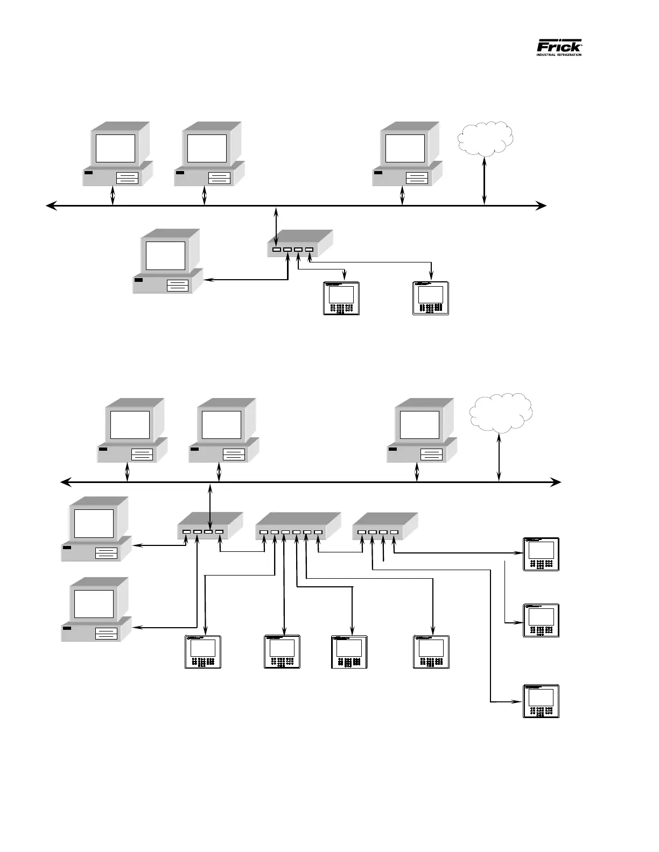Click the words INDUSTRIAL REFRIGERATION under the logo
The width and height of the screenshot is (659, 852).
coord(559,54)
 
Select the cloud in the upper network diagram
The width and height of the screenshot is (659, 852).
coord(485,138)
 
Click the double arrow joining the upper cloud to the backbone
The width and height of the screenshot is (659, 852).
coord(485,181)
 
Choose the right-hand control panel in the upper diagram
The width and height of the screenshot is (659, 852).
coord(431,298)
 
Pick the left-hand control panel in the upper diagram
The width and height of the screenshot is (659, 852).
coord(341,298)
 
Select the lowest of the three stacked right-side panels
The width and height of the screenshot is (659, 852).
coord(541,701)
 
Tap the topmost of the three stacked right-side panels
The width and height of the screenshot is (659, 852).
coord(541,554)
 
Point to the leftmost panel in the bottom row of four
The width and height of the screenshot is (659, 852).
coord(203,652)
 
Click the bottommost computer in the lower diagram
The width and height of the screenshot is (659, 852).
coord(96,610)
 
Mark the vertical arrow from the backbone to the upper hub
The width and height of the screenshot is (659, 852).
coord(276,226)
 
